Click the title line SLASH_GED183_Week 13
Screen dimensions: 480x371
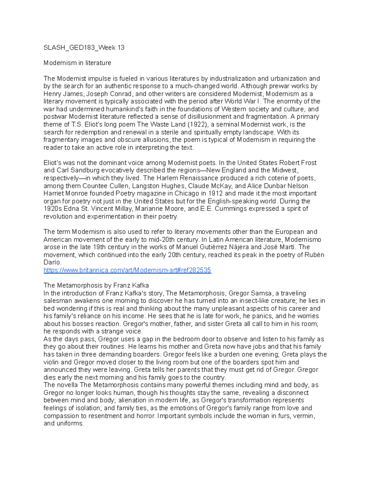click(x=84, y=48)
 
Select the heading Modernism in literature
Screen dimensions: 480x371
click(x=77, y=63)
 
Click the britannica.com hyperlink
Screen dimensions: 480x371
click(x=127, y=270)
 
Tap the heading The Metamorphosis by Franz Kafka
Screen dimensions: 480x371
click(x=96, y=285)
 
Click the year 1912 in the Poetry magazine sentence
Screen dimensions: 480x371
click(x=215, y=193)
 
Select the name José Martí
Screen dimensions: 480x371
click(x=279, y=247)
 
